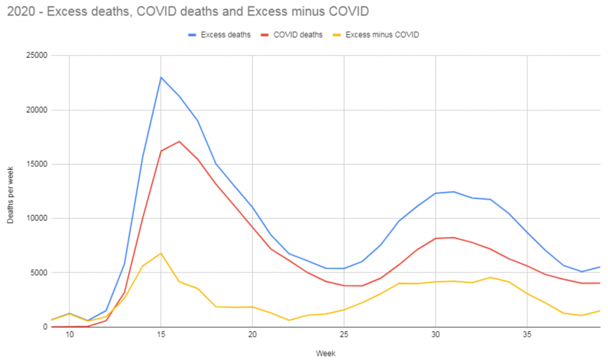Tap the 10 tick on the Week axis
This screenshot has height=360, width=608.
(69, 335)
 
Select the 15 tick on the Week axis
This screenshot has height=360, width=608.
(161, 335)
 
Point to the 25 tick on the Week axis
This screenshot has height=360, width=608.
(344, 335)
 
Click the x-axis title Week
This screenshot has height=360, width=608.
(325, 353)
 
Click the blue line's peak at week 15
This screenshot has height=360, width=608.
(161, 77)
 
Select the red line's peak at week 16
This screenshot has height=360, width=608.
(179, 141)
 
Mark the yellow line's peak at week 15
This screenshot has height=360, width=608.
(161, 253)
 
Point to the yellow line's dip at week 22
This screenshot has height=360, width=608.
(289, 320)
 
